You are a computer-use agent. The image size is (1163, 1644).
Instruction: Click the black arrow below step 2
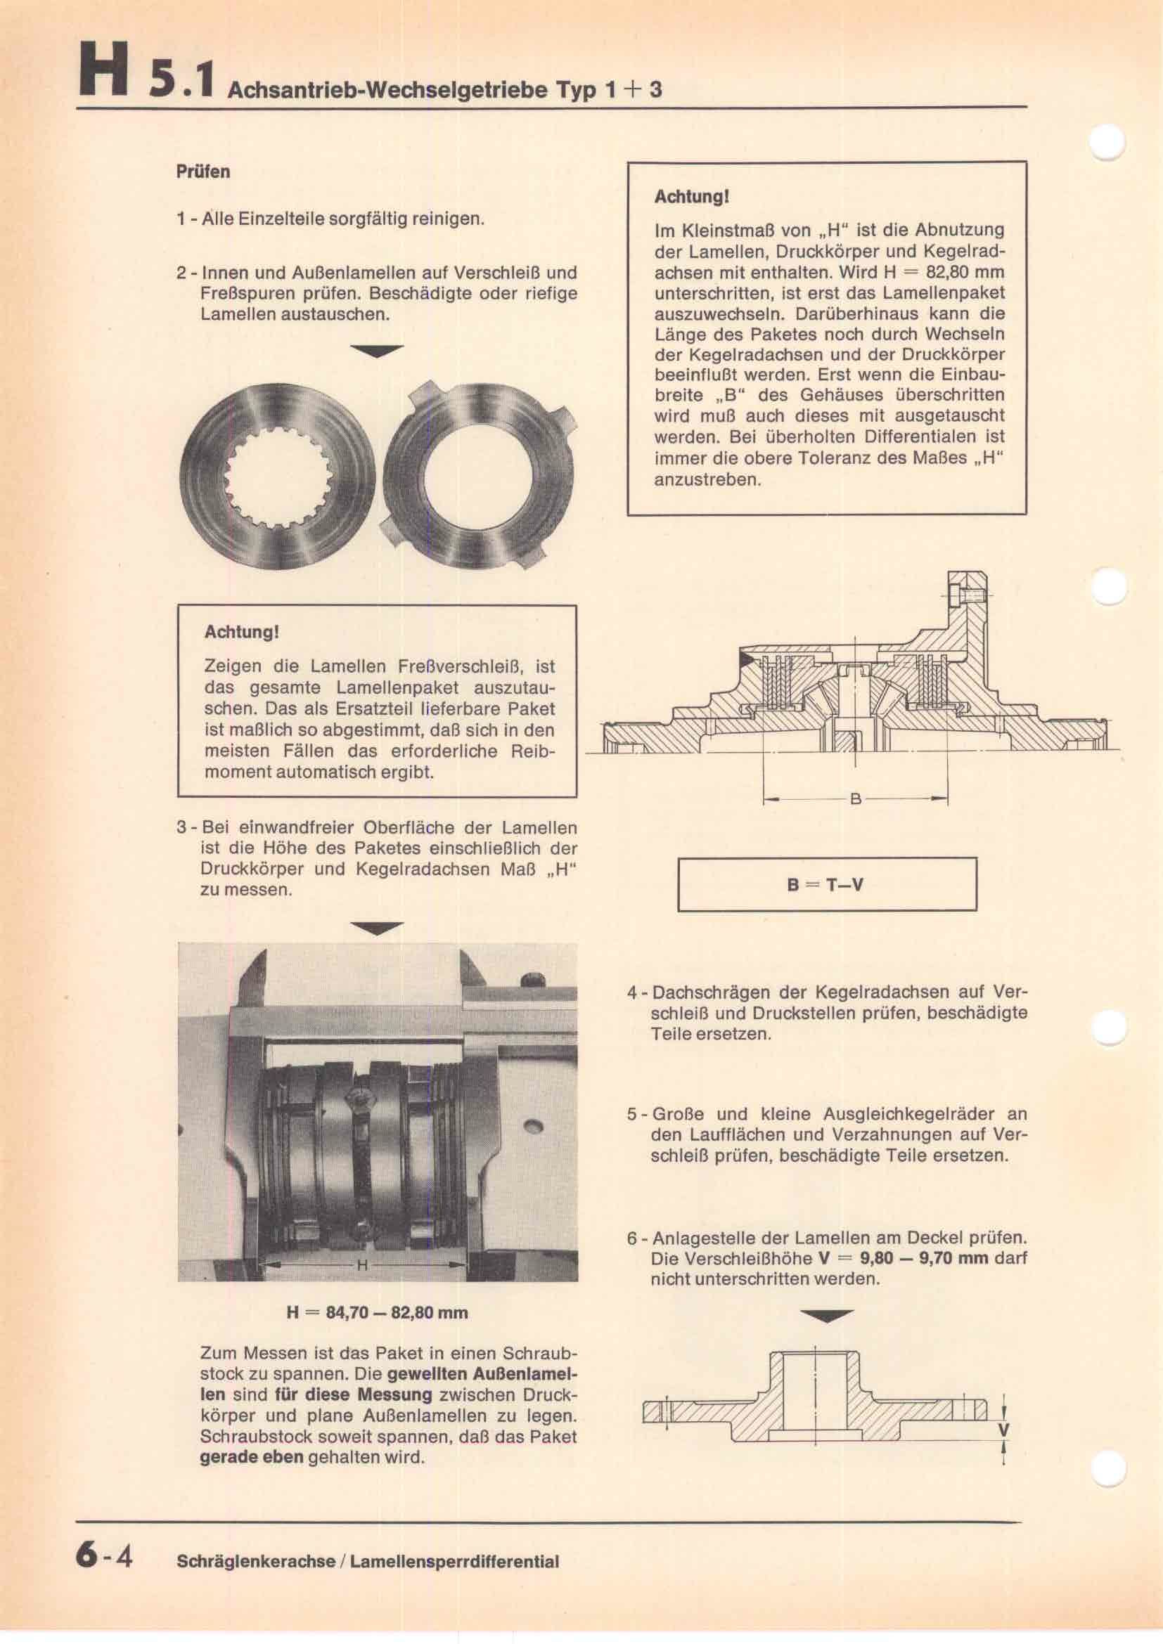pyautogui.click(x=377, y=350)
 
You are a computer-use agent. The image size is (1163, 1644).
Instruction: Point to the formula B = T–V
pyautogui.click(x=825, y=884)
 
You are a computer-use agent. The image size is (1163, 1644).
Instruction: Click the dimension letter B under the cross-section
pyautogui.click(x=855, y=799)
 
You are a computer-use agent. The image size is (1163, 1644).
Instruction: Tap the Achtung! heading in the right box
pyautogui.click(x=691, y=197)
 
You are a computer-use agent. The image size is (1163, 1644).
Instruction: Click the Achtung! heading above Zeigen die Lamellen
pyautogui.click(x=241, y=633)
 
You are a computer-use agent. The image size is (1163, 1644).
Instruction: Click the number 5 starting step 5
pyautogui.click(x=632, y=1114)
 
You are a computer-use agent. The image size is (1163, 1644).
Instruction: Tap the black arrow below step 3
pyautogui.click(x=377, y=929)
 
